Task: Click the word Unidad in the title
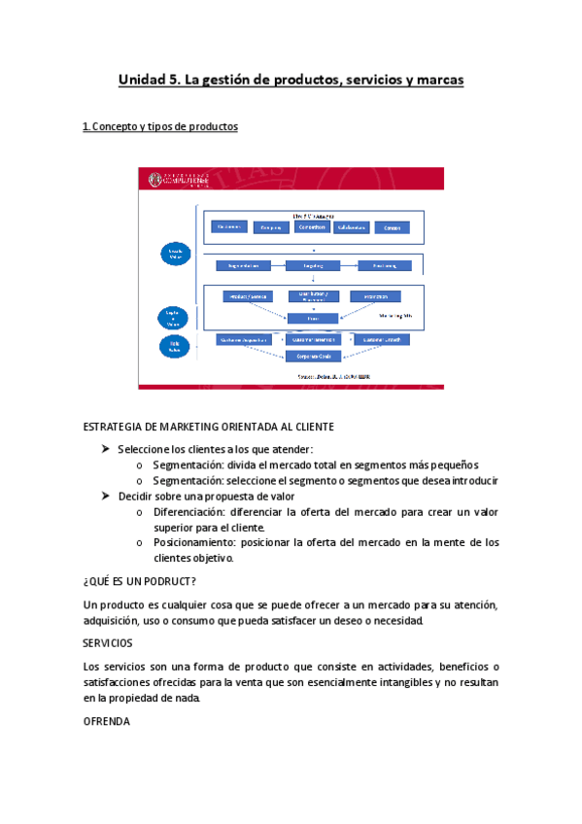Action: coord(141,80)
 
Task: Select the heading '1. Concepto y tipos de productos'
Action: coord(160,127)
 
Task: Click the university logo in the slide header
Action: coord(180,180)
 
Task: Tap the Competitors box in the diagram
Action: coord(305,227)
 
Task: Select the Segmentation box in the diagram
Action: coord(242,264)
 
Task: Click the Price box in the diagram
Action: coord(312,318)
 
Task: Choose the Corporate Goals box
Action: coord(312,356)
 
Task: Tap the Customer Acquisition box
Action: coord(242,340)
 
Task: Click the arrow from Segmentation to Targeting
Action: coord(278,264)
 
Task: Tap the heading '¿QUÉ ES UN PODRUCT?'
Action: coord(140,581)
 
